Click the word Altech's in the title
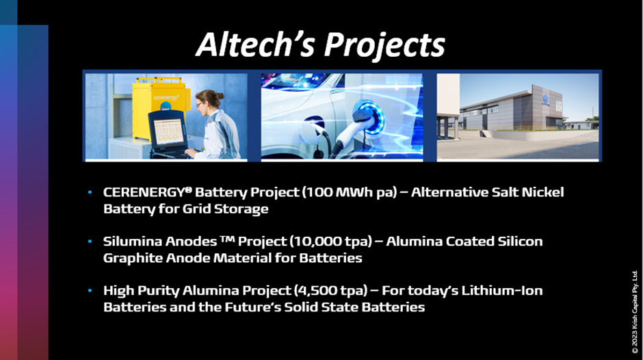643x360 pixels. point(255,44)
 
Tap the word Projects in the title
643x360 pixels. point(384,45)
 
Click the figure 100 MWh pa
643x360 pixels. point(350,192)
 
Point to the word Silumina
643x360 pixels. point(133,241)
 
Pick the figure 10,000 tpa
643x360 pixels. point(330,242)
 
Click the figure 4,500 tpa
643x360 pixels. point(330,291)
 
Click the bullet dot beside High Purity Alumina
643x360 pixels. point(90,291)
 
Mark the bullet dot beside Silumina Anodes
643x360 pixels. point(90,242)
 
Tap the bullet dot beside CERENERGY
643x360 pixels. point(90,192)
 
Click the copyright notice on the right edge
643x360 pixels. point(634,312)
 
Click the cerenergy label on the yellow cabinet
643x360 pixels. point(166,98)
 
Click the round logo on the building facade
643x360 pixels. point(545,99)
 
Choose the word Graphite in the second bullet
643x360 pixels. point(131,258)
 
